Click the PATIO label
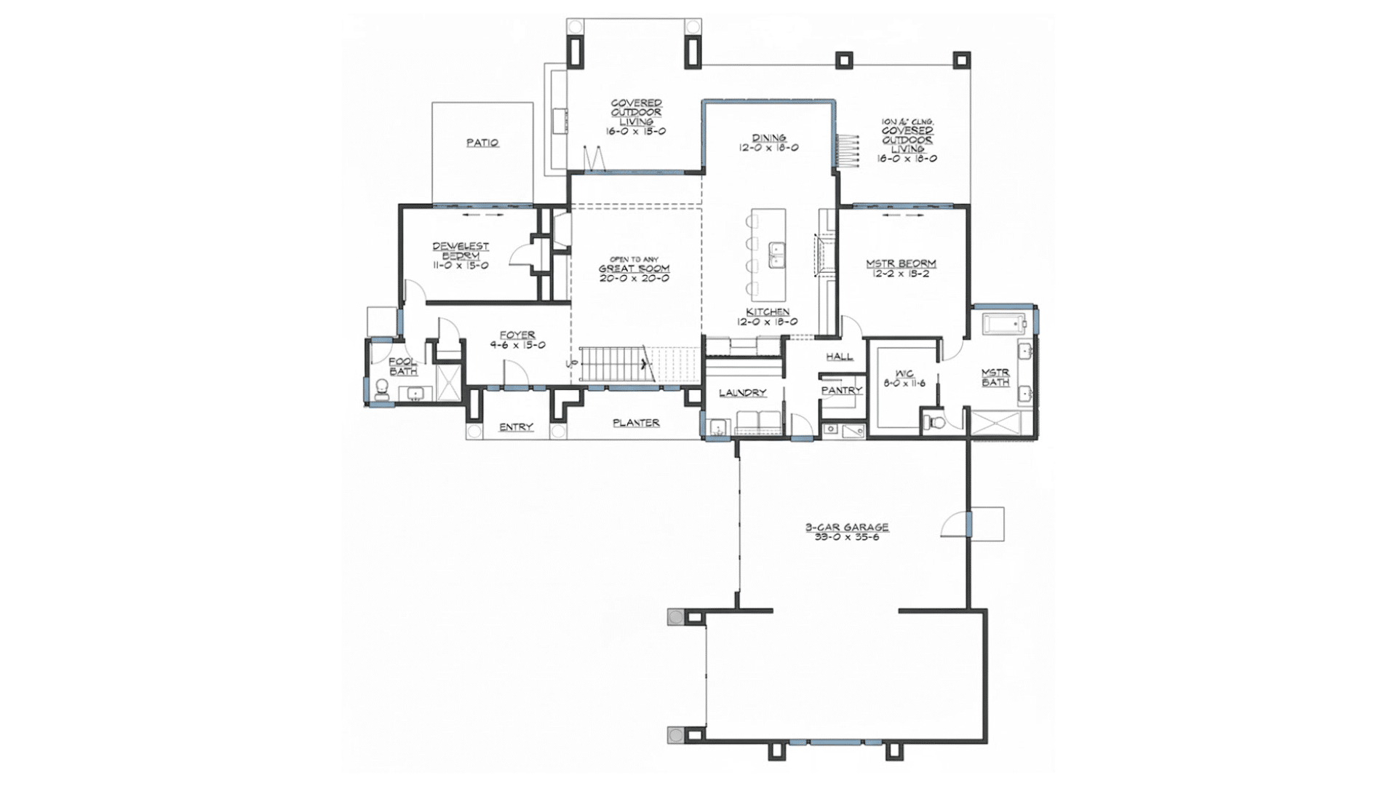pos(482,143)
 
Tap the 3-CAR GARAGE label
pos(846,527)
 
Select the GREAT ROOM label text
pos(634,269)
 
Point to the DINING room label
pos(769,138)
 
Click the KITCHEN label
pos(768,311)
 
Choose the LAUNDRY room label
pos(743,392)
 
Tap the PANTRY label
pos(841,390)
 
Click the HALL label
pos(839,357)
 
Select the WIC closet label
pos(904,373)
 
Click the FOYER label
pos(517,336)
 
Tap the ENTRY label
pos(516,427)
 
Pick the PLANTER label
pos(636,423)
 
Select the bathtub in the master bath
pos(1004,323)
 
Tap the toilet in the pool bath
pos(381,391)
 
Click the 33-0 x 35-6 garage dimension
pos(846,537)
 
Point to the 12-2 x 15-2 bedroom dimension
pos(901,274)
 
